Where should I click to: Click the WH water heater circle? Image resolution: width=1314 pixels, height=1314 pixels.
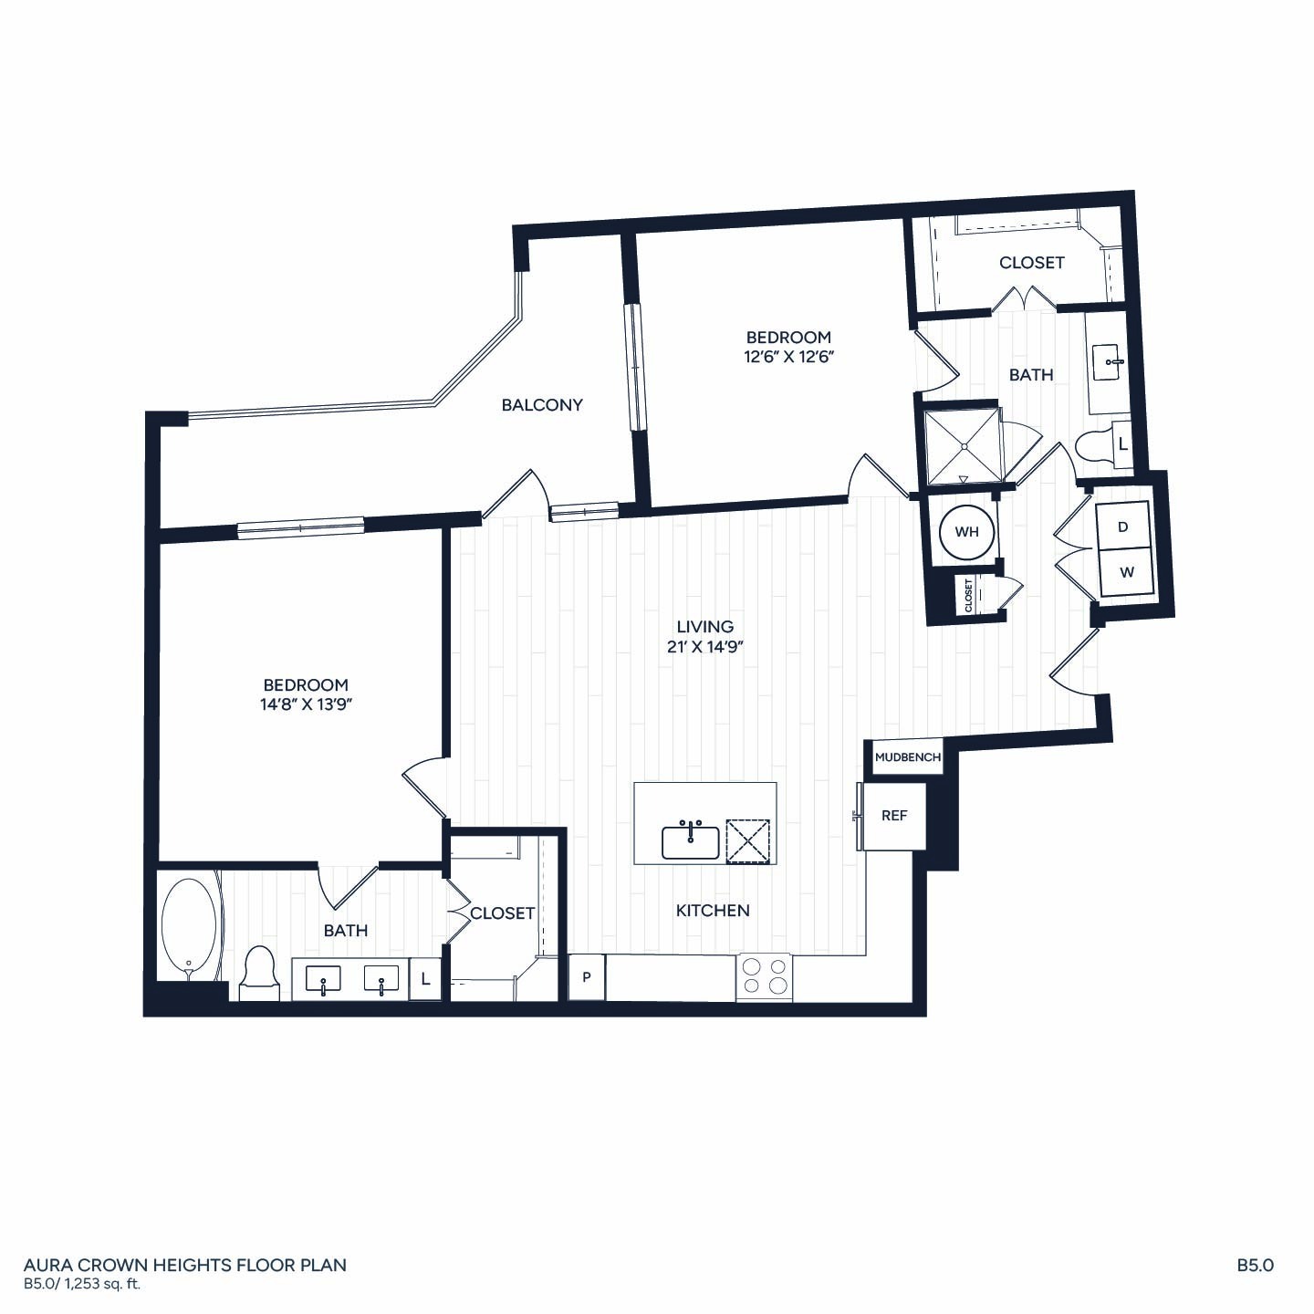(966, 532)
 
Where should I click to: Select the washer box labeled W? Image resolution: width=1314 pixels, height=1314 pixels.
(1126, 573)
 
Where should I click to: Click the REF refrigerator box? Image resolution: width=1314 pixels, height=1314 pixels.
(894, 816)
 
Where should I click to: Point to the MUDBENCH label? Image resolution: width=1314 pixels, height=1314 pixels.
(908, 756)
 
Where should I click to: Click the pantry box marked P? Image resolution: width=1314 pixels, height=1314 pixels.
(587, 977)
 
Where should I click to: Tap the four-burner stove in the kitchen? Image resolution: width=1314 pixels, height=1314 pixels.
(764, 976)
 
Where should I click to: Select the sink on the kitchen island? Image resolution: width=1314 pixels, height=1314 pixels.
(690, 842)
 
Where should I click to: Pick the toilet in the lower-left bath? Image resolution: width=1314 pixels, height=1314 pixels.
(259, 973)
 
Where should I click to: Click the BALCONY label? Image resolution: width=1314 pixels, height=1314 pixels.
(542, 405)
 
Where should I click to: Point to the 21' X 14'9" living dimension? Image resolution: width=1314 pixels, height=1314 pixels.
(704, 646)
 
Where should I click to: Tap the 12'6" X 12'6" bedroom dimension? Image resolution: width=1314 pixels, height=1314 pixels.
(789, 357)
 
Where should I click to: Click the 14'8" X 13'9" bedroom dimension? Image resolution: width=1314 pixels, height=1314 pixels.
(307, 704)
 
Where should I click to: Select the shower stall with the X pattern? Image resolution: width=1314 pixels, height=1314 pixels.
(962, 446)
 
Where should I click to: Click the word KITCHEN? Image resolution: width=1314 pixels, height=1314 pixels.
(713, 911)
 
